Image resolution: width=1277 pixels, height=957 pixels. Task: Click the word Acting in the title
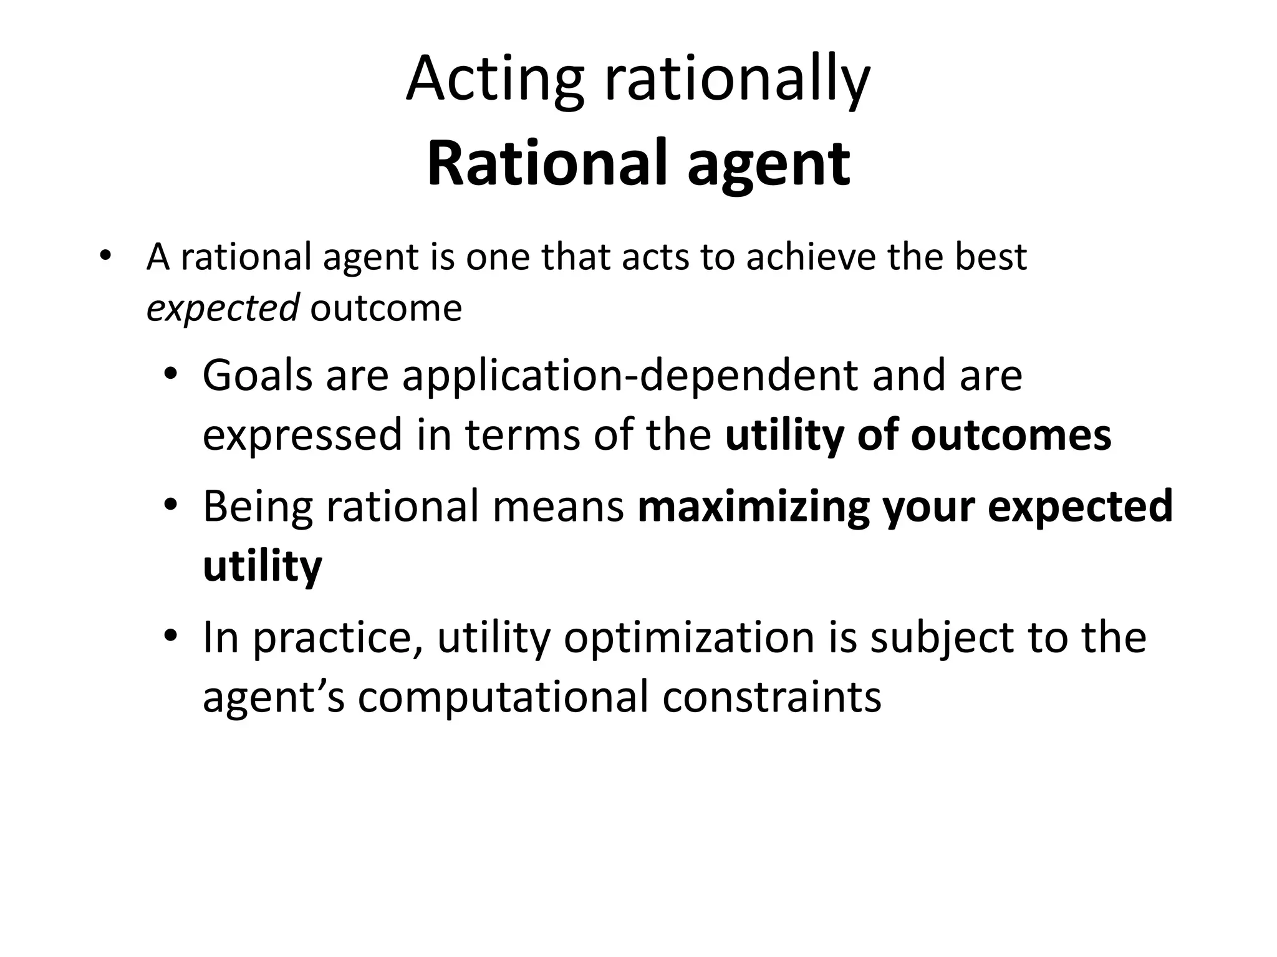point(494,80)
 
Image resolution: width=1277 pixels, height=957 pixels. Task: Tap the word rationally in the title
point(736,80)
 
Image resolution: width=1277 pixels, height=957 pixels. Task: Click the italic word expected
point(222,308)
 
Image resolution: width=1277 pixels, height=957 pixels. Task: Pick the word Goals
point(257,376)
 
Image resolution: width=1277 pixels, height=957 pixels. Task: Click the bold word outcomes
point(1011,435)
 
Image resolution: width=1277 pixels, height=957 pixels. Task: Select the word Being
point(257,507)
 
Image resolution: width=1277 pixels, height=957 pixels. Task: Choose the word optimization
point(689,638)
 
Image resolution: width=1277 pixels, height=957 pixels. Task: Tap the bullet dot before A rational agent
point(105,256)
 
